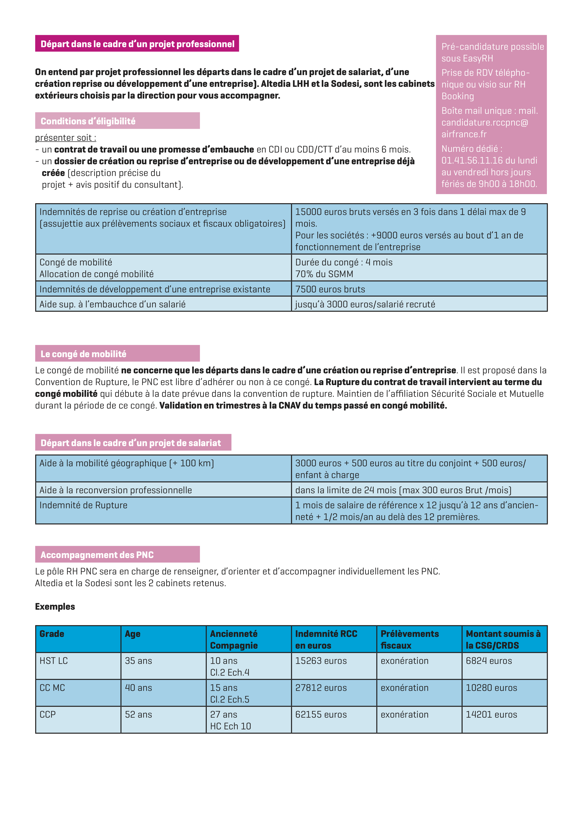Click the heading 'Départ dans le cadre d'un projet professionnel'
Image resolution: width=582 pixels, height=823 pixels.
coord(137,44)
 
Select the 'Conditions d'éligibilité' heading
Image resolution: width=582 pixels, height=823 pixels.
coord(88,121)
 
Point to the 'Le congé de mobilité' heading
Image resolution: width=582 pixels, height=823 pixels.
coord(84,354)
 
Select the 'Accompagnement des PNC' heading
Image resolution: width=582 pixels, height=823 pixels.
coord(97,555)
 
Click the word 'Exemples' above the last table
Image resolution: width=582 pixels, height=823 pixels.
coord(55,606)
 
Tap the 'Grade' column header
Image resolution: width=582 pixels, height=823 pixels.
coord(52,634)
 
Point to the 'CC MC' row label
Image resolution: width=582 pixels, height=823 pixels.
coord(52,688)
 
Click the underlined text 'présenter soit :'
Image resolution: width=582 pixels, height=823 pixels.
coord(65,138)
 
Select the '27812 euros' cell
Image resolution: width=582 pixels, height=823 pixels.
coord(321,688)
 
